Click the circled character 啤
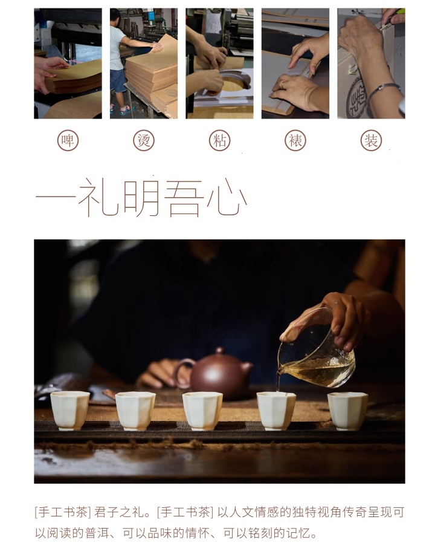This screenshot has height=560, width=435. tap(68, 140)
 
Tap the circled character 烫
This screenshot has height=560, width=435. tap(143, 140)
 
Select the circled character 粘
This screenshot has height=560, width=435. tap(219, 140)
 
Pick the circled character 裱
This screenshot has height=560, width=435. tap(295, 140)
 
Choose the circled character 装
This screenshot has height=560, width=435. tap(371, 140)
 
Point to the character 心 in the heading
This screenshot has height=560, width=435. tap(227, 198)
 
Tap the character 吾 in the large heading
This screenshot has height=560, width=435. tap(184, 198)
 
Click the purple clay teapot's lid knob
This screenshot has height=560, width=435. tap(219, 351)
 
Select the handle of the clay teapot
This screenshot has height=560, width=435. tap(181, 373)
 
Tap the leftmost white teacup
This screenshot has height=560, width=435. tap(70, 411)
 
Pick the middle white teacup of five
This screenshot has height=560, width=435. tap(202, 411)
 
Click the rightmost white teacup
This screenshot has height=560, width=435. tap(347, 411)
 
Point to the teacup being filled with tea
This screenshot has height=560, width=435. tap(276, 411)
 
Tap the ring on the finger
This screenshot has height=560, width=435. tap(282, 85)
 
